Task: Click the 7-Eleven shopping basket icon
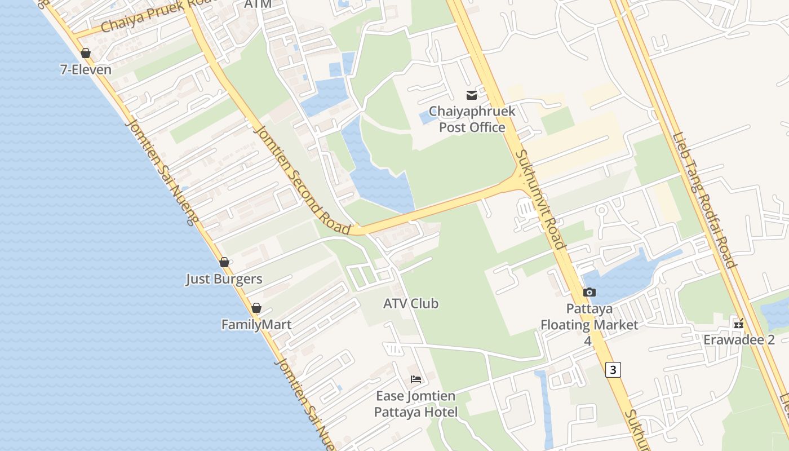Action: [x=86, y=54]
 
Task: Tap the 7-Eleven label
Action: [x=86, y=70]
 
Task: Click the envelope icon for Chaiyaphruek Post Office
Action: [x=471, y=95]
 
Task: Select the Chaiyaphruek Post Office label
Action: [x=472, y=119]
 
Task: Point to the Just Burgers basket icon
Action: [x=224, y=263]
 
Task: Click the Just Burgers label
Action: [x=224, y=279]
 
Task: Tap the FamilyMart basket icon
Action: [x=256, y=308]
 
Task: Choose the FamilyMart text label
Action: [x=256, y=325]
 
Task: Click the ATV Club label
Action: [x=411, y=303]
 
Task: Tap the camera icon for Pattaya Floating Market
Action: [x=589, y=292]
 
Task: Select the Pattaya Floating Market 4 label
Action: [x=589, y=325]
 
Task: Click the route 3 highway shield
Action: [x=613, y=369]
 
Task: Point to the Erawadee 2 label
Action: [x=739, y=340]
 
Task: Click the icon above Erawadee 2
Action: [x=739, y=324]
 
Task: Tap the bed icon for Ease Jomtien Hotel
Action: [x=416, y=379]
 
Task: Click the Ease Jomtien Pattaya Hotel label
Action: [x=416, y=404]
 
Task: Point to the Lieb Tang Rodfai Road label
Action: [x=704, y=200]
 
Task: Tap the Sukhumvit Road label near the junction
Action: [x=539, y=199]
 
